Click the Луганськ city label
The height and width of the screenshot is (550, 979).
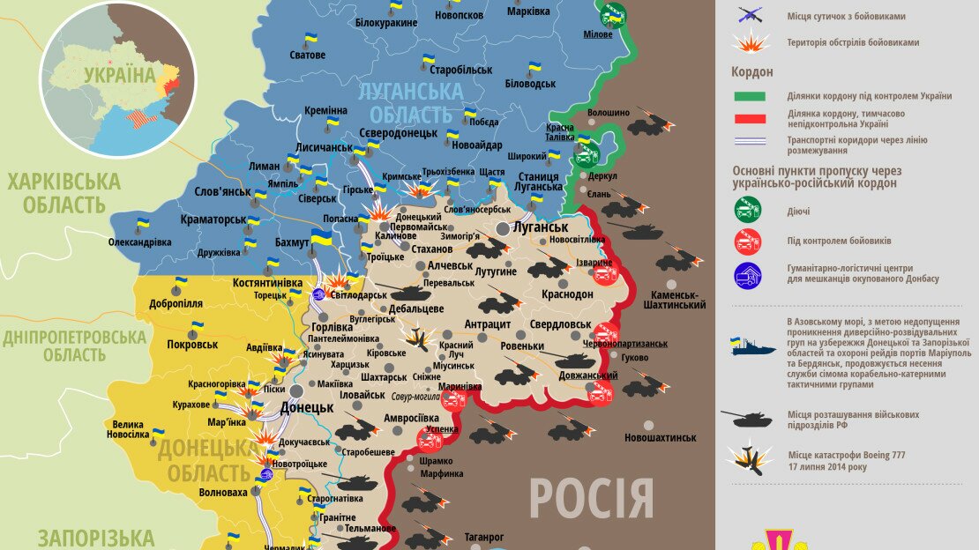540,227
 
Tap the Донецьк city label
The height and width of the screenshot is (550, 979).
306,407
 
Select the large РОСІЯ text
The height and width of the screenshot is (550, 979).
592,499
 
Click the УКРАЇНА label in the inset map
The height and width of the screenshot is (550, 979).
119,74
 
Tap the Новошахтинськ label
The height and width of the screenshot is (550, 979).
660,437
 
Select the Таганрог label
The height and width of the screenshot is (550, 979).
484,537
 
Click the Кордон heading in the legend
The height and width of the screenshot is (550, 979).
751,72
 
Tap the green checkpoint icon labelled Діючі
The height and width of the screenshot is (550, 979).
748,211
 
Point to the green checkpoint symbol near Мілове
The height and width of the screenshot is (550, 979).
613,15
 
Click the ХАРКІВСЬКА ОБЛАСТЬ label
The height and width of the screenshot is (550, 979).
64,194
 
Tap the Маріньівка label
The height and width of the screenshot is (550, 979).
460,386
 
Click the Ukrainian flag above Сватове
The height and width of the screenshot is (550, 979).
310,40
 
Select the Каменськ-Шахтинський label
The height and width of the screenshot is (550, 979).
678,300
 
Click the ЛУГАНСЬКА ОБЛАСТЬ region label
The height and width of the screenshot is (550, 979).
411,102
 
